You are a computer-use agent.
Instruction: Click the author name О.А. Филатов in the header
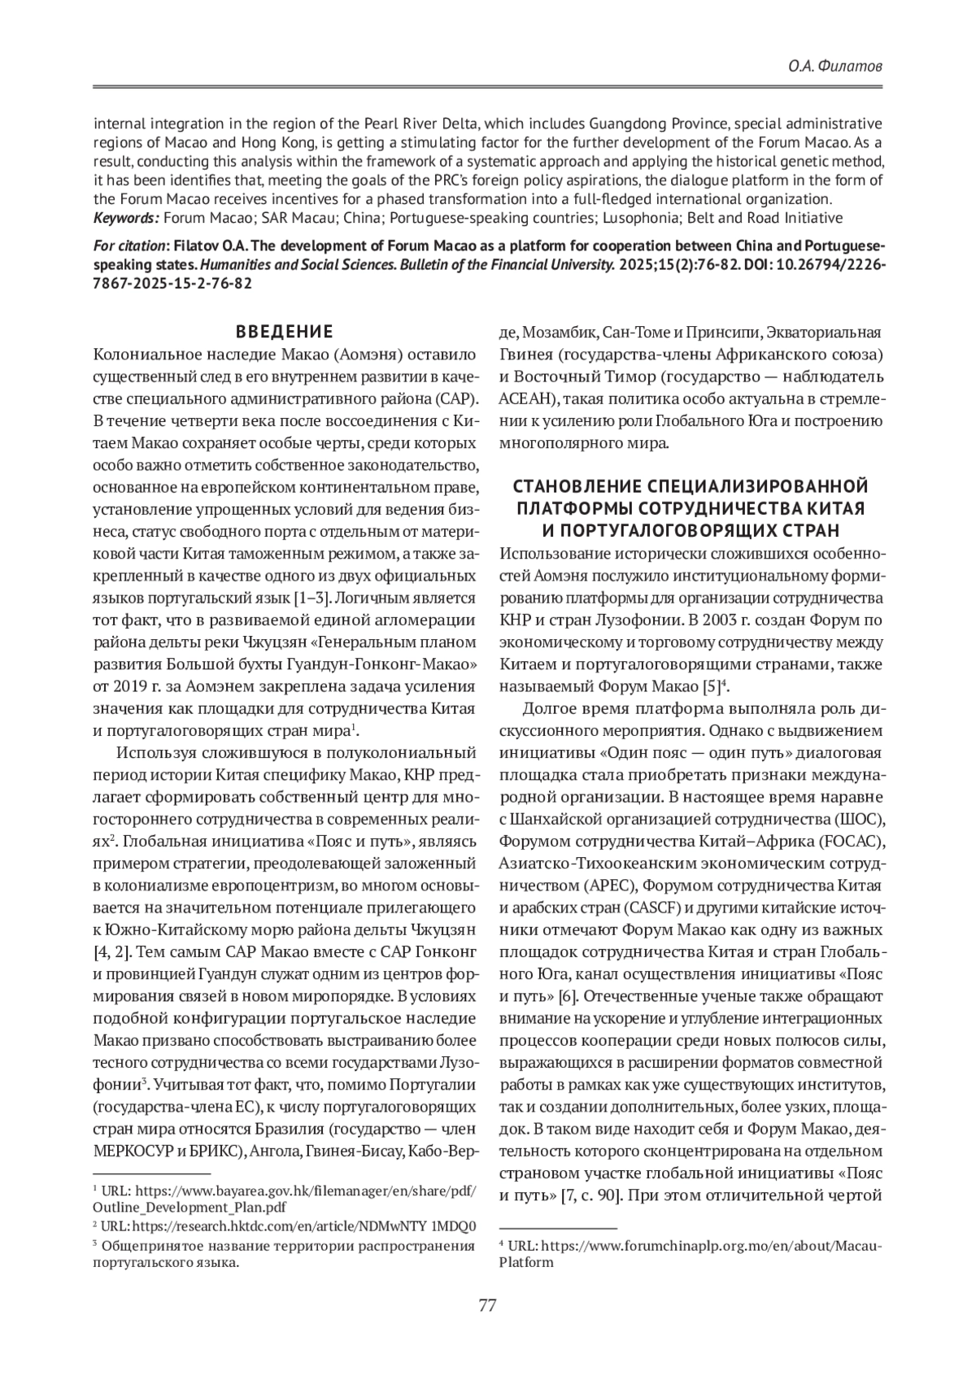click(835, 66)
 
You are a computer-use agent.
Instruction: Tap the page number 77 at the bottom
click(487, 1306)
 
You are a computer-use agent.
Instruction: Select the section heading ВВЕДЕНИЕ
click(284, 332)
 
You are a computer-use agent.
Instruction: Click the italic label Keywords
click(125, 218)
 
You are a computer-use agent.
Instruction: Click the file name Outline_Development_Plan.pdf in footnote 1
click(190, 1207)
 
